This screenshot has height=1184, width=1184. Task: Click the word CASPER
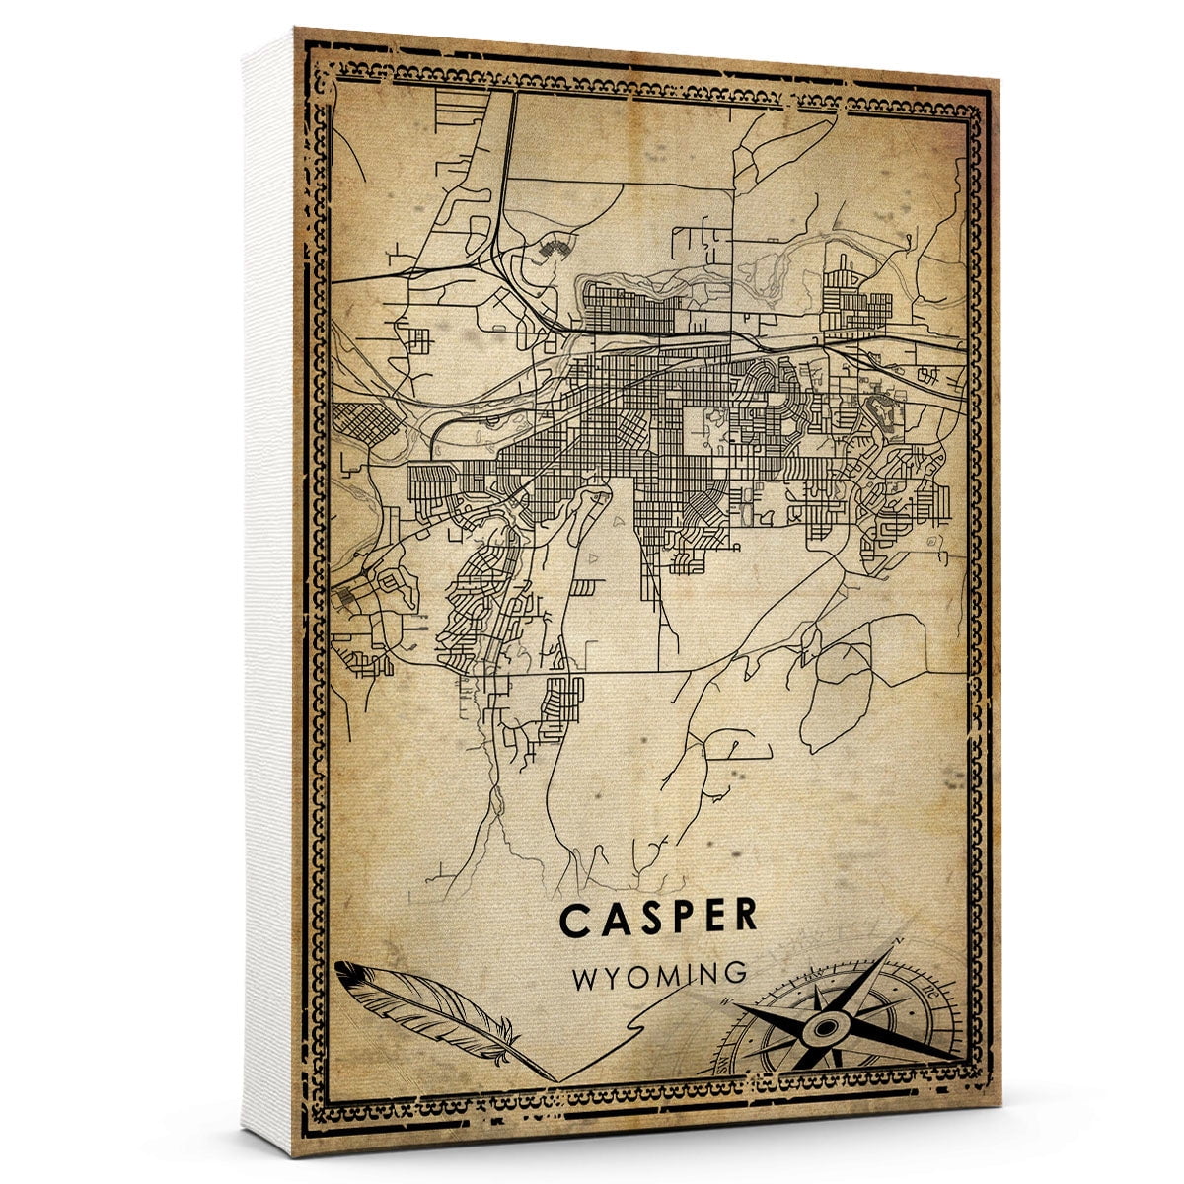pos(658,917)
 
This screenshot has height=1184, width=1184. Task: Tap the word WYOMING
pos(659,975)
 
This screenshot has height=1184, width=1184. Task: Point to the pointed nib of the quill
pos(553,1076)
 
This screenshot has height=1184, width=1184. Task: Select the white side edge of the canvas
pos(266,592)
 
